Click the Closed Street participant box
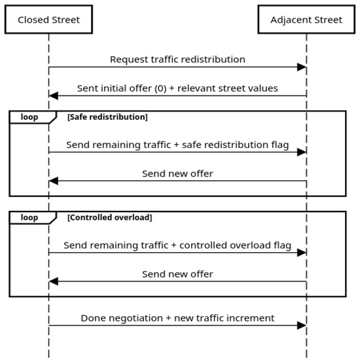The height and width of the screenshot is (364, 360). tap(48, 20)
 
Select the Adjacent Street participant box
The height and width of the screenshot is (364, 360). tap(306, 20)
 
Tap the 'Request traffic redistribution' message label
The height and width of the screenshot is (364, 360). tap(177, 60)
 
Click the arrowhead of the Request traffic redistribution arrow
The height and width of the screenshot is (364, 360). tap(302, 67)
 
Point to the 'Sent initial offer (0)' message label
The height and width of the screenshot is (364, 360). tap(122, 88)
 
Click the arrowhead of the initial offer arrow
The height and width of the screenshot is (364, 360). tap(54, 96)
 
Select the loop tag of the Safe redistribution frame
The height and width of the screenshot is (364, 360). tap(33, 117)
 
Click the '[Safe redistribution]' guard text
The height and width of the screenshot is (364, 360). tap(107, 117)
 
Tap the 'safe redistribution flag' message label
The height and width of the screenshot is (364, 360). tap(236, 145)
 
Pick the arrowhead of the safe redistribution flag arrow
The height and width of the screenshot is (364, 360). tap(302, 153)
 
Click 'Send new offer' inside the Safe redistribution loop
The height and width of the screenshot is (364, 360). tap(177, 173)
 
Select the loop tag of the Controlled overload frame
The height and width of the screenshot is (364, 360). tap(33, 218)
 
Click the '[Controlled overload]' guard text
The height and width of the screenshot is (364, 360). tap(110, 217)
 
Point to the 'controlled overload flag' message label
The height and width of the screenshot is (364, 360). tap(236, 246)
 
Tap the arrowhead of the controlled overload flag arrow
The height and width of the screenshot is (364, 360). tap(302, 253)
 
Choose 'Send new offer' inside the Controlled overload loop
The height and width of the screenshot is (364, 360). tap(177, 274)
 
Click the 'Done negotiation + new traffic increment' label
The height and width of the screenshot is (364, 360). tap(177, 318)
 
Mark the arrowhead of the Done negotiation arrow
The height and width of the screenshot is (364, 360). tap(302, 325)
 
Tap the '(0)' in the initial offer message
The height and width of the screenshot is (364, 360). tap(160, 88)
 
